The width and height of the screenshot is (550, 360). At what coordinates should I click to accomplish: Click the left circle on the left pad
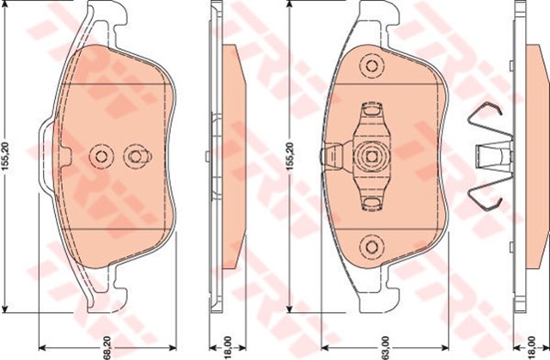101,156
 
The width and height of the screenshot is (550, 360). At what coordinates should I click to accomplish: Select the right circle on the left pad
134,156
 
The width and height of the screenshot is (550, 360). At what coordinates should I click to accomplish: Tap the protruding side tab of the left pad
43,156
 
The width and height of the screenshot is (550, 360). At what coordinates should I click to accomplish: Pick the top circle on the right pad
371,65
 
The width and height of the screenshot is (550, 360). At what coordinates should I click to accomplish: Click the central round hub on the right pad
371,157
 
